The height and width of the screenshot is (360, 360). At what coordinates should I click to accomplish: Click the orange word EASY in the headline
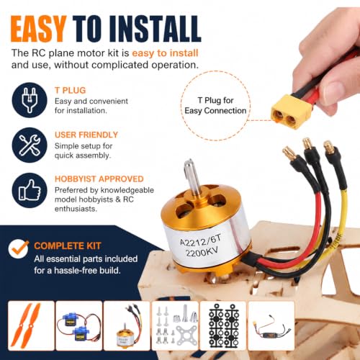(x=38, y=29)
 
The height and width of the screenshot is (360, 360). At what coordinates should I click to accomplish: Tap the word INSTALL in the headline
(x=156, y=29)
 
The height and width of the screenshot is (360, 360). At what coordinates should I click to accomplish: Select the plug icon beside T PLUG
(x=30, y=100)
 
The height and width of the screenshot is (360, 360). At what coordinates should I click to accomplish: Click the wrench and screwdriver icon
(x=30, y=145)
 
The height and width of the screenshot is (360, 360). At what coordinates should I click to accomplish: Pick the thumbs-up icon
(x=30, y=190)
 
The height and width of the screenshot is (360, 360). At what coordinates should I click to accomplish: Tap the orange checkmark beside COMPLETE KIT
(x=19, y=248)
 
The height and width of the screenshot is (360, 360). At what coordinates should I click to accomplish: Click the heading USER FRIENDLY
(x=86, y=135)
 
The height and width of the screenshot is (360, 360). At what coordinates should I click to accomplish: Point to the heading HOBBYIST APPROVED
(x=99, y=179)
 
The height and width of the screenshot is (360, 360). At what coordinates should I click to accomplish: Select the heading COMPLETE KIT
(x=68, y=246)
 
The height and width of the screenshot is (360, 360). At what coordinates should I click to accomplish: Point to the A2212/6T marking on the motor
(x=201, y=240)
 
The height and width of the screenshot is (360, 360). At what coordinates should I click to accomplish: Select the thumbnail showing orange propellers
(x=31, y=325)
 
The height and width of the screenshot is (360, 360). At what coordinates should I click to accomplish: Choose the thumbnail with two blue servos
(x=79, y=325)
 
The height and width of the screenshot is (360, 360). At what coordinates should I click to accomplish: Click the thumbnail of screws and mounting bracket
(x=175, y=325)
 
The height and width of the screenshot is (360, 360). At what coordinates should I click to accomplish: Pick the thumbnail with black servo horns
(x=223, y=325)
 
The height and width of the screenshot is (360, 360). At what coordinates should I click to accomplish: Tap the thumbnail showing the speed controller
(x=271, y=325)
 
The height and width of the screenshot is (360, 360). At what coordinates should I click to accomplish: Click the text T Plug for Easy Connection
(x=215, y=106)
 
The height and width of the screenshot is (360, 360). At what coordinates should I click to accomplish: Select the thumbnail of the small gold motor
(x=127, y=325)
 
